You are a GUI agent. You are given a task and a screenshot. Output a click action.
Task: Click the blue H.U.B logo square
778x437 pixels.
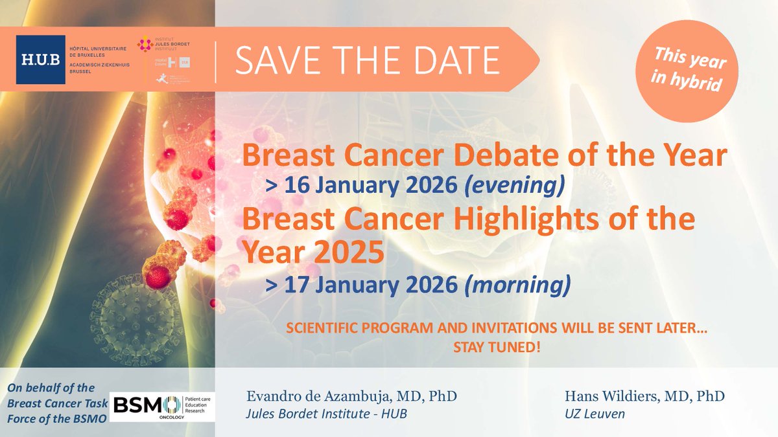tap(41, 60)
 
